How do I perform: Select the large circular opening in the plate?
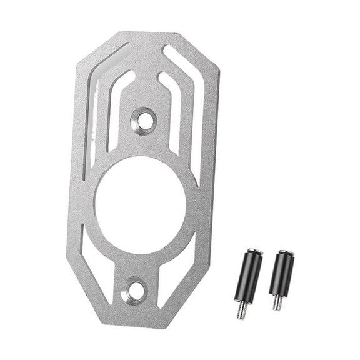pos(140,204)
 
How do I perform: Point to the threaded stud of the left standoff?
pos(241,311)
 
